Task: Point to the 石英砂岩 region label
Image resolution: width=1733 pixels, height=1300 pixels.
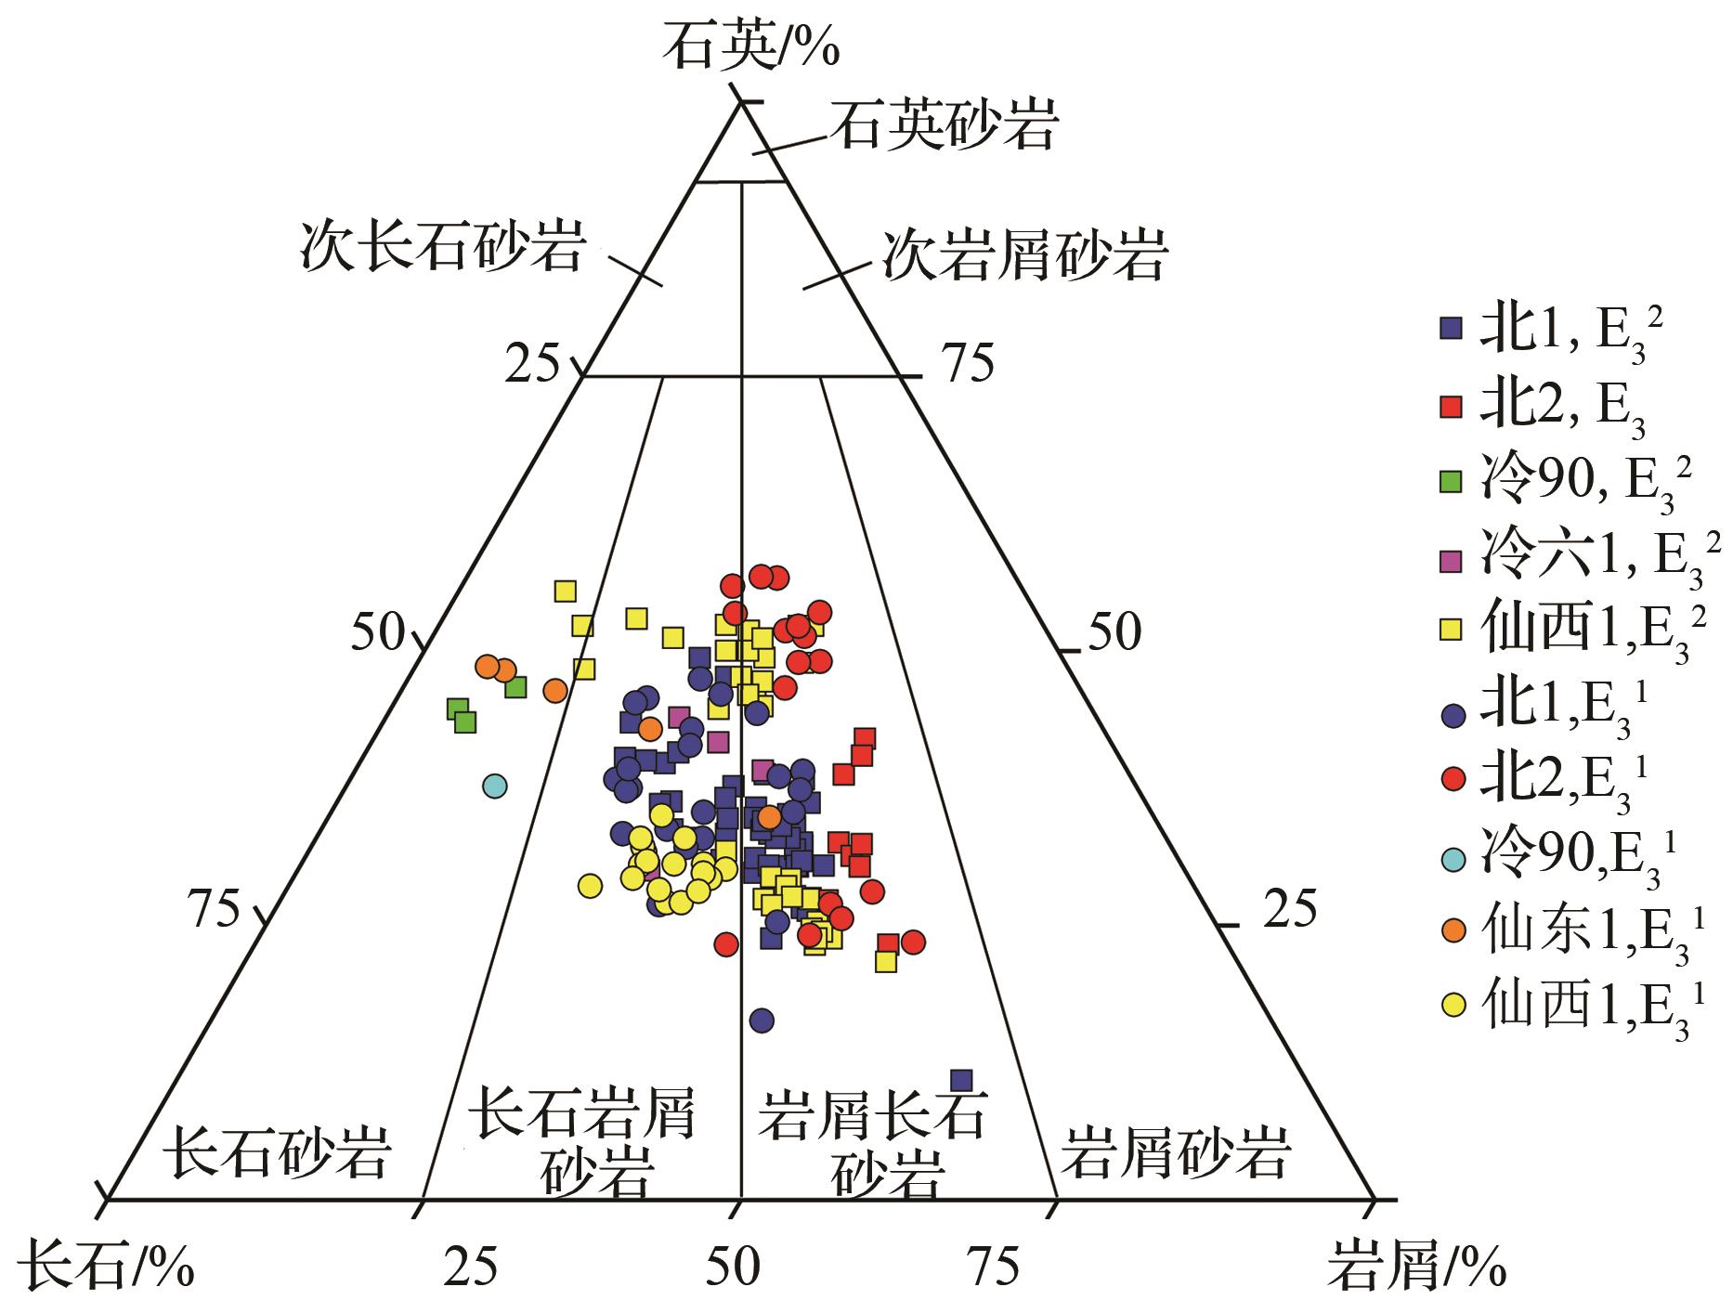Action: tap(944, 126)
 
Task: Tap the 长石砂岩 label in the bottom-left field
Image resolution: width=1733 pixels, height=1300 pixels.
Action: tap(275, 1151)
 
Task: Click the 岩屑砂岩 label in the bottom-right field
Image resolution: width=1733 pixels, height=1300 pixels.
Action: tap(1176, 1152)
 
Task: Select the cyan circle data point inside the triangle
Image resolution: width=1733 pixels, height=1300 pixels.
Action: tap(495, 786)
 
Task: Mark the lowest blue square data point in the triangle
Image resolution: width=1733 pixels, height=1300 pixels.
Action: tap(961, 1080)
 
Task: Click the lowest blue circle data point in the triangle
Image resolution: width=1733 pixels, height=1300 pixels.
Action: tap(762, 1020)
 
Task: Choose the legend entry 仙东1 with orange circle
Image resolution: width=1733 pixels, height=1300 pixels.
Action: tap(1575, 934)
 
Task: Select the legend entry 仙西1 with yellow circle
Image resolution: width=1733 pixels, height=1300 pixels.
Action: tap(1575, 1008)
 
